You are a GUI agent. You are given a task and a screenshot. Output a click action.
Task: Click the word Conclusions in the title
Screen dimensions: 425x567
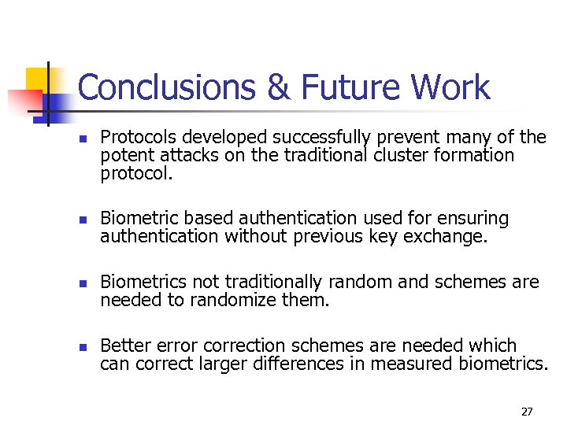[x=169, y=88]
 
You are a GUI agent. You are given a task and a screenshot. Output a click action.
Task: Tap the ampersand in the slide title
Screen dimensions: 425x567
[x=279, y=88]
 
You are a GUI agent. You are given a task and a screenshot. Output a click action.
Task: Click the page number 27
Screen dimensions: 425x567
[x=527, y=412]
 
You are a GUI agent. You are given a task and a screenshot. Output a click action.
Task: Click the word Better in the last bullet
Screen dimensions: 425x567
[x=123, y=346]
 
